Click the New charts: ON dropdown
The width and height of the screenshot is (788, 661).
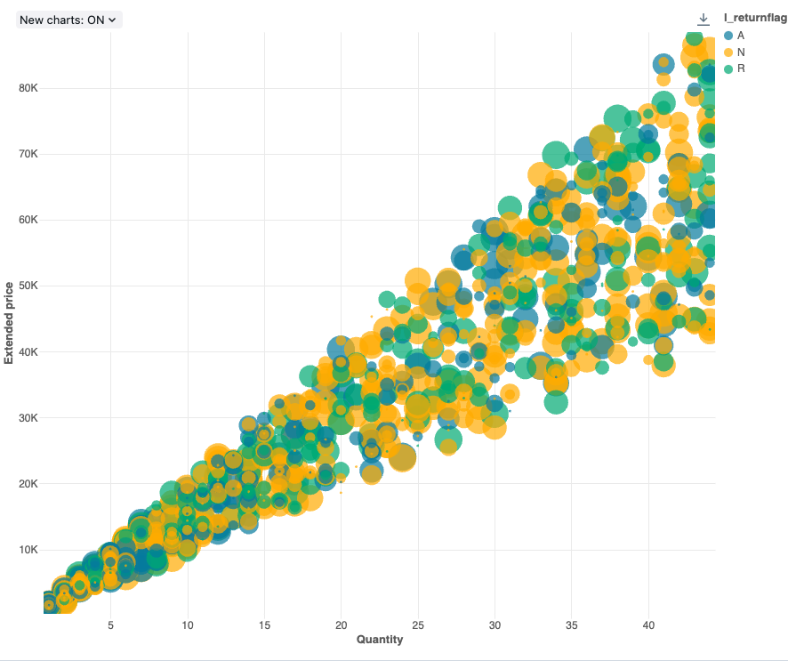coord(68,20)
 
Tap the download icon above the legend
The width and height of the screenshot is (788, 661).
coord(704,19)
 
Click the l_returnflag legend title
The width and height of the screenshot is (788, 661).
coord(755,19)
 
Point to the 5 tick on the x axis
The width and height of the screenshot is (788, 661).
coord(110,625)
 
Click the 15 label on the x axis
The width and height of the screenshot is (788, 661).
coord(264,625)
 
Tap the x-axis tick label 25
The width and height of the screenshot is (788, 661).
coord(418,625)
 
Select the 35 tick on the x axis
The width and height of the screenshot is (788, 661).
coord(572,625)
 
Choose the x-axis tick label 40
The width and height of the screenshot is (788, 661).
coord(649,625)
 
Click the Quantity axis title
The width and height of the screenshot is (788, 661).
coord(380,640)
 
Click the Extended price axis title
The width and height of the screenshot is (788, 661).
coord(9,322)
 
